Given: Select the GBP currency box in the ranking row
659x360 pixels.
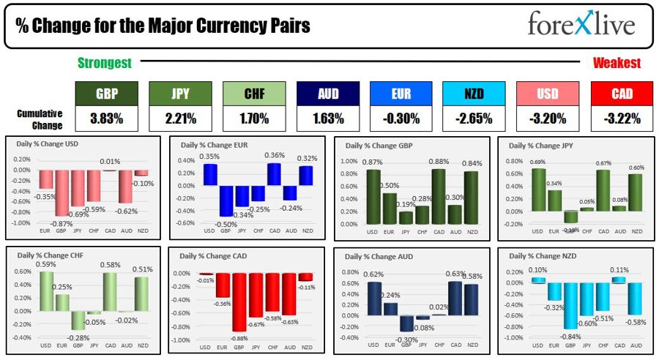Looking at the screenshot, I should (107, 94).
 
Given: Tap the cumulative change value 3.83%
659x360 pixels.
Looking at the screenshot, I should (107, 117).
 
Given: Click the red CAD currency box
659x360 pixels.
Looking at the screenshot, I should (622, 94).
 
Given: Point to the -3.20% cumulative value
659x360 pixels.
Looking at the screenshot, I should (548, 117).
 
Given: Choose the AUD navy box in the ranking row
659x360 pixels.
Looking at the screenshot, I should (327, 94).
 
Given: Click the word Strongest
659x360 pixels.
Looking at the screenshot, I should (105, 64).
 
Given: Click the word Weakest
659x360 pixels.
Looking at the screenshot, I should (617, 64).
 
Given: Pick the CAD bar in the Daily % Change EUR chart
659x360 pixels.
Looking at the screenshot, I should (275, 174).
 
